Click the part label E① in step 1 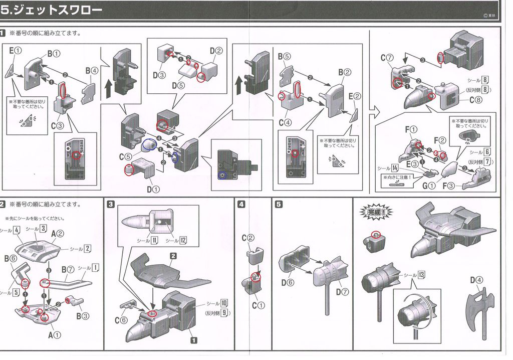[x=15, y=51]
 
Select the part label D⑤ [x=178, y=86]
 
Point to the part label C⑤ [x=126, y=157]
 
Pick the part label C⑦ [x=386, y=58]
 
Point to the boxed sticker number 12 [x=183, y=240]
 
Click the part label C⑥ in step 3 [x=121, y=320]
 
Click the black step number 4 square [x=241, y=204]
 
